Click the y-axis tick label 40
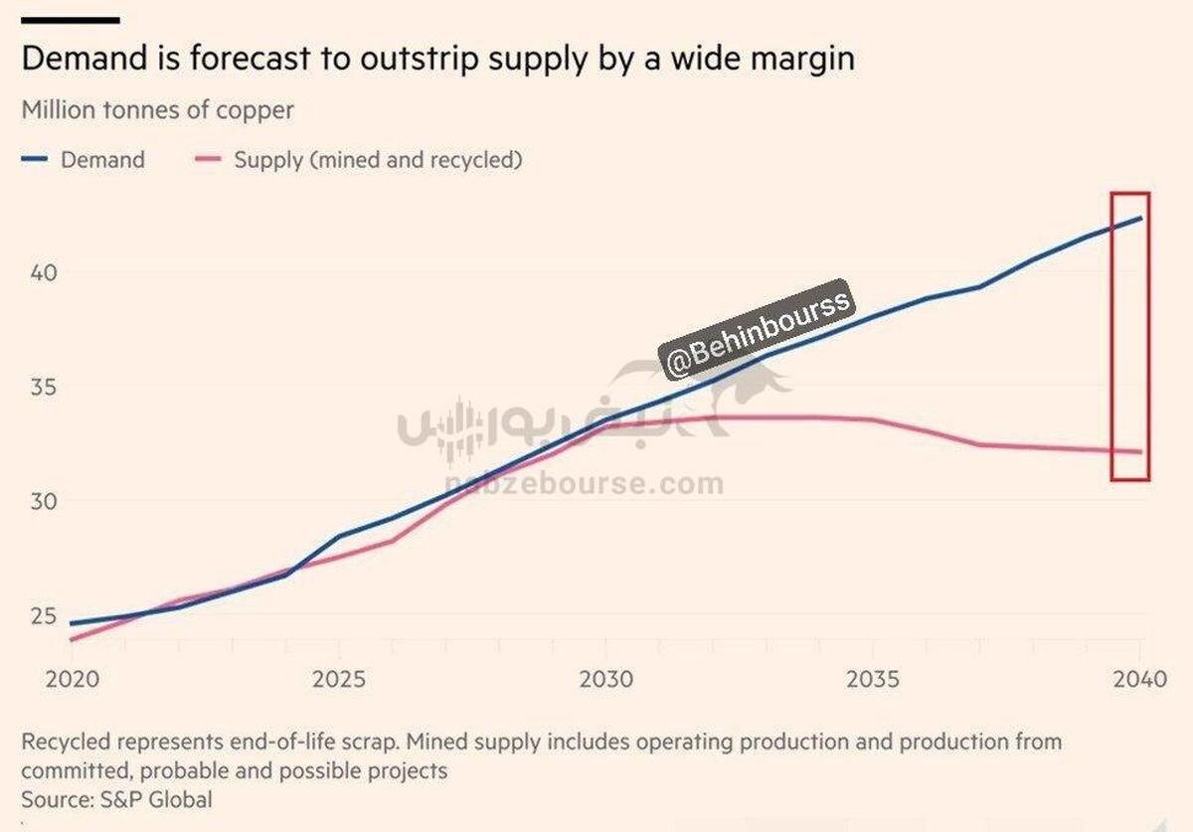coord(36,272)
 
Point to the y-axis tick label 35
coord(36,387)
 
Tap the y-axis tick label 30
coord(36,501)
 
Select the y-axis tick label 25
coord(36,615)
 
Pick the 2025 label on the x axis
coord(339,680)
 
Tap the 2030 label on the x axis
coord(605,680)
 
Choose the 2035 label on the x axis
coord(873,680)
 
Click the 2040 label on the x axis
coord(1139,680)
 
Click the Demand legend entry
coord(102,160)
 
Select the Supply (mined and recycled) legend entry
coord(378,160)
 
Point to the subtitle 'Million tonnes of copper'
coord(158,109)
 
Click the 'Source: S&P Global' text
coord(117,799)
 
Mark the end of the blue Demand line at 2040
coord(1141,218)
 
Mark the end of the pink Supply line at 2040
coord(1141,452)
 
